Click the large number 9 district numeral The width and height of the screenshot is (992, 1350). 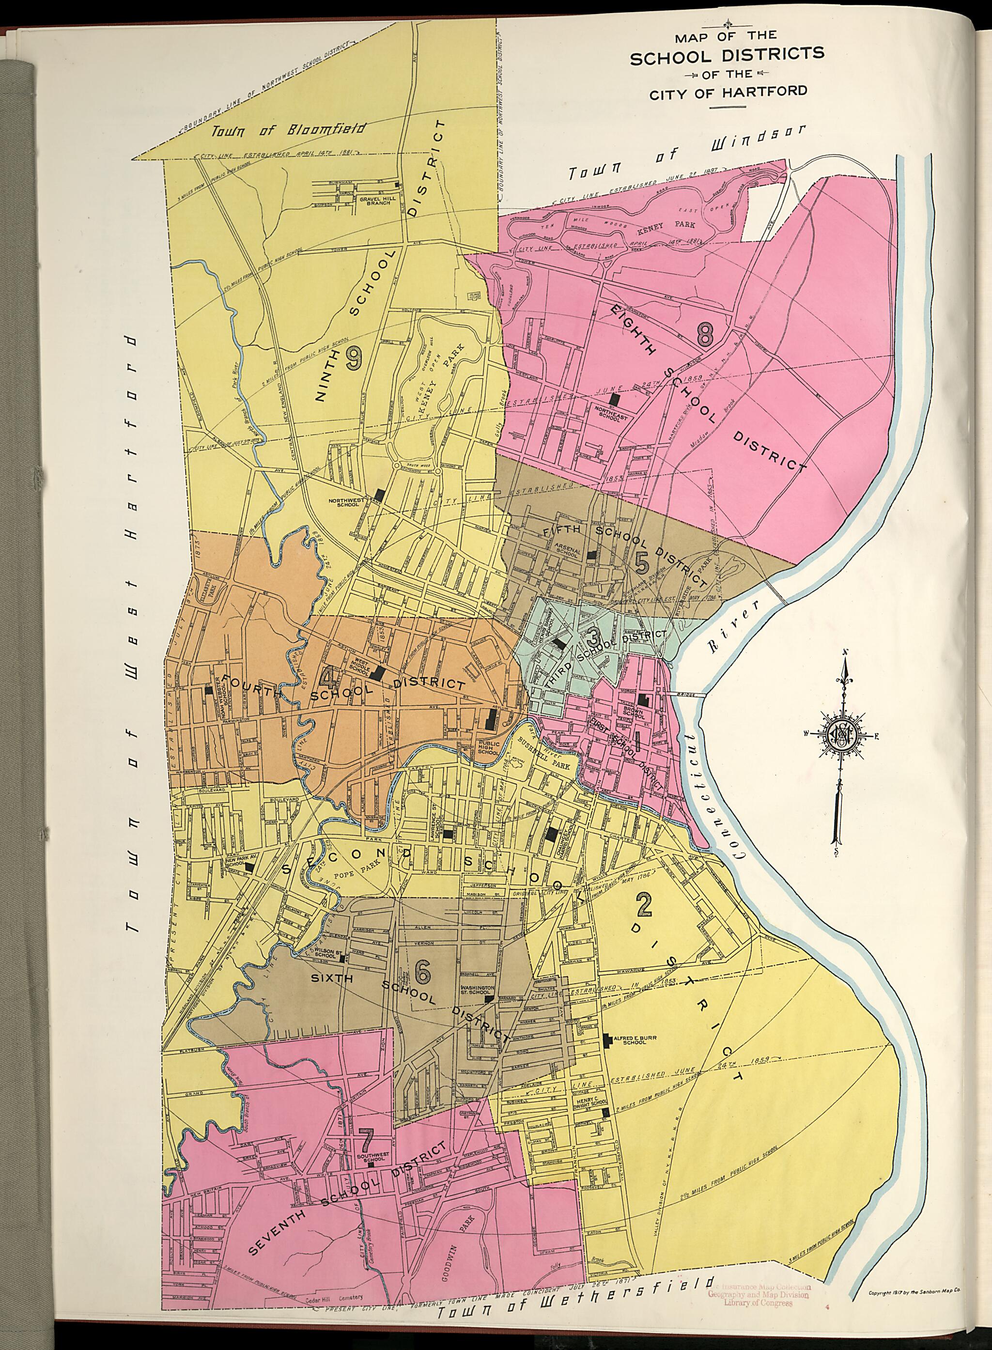tap(354, 359)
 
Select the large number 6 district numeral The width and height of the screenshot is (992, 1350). tap(423, 971)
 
